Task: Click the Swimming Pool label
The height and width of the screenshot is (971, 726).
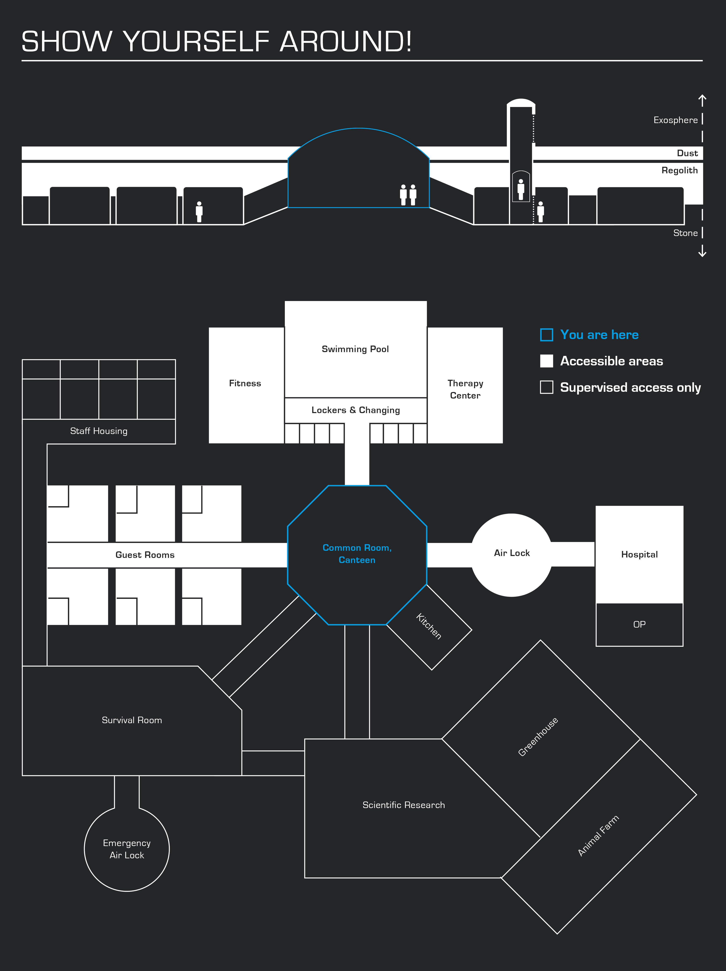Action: tap(355, 349)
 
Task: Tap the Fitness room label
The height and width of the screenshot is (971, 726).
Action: tap(245, 383)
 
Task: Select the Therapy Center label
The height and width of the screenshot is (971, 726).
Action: tap(465, 389)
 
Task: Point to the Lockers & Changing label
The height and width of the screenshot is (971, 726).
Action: tap(356, 410)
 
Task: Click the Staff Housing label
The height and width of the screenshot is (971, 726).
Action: tap(99, 431)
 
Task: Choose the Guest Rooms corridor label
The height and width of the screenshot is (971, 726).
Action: tap(145, 555)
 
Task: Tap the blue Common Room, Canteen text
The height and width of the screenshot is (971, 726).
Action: tap(357, 554)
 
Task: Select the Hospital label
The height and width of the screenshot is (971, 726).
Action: tap(639, 554)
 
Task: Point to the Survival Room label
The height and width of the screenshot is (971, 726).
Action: tap(132, 720)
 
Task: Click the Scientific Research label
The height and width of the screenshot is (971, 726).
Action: tap(404, 805)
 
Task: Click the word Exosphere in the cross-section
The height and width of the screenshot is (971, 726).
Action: tap(676, 120)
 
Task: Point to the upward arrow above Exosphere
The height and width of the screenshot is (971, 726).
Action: tap(702, 100)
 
